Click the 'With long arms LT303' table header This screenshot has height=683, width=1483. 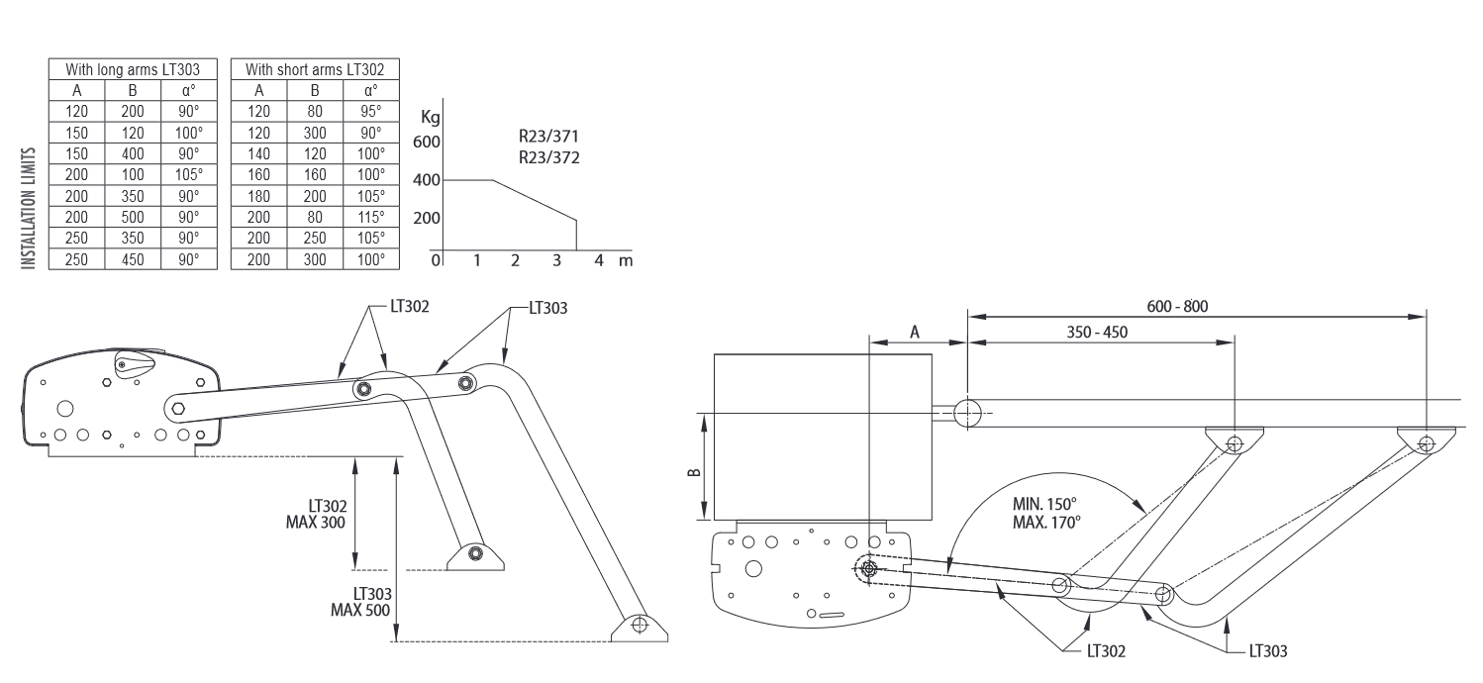(x=133, y=69)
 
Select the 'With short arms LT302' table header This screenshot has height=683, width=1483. (x=315, y=69)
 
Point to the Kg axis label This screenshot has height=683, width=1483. (x=431, y=116)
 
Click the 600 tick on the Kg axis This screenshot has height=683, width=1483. (x=426, y=143)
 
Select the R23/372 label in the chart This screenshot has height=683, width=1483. (x=547, y=157)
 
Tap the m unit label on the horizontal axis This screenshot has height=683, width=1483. (x=625, y=260)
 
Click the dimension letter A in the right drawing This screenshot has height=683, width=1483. (x=915, y=332)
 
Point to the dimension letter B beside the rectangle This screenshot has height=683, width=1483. (x=696, y=467)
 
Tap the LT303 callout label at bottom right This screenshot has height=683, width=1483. (x=1268, y=651)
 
